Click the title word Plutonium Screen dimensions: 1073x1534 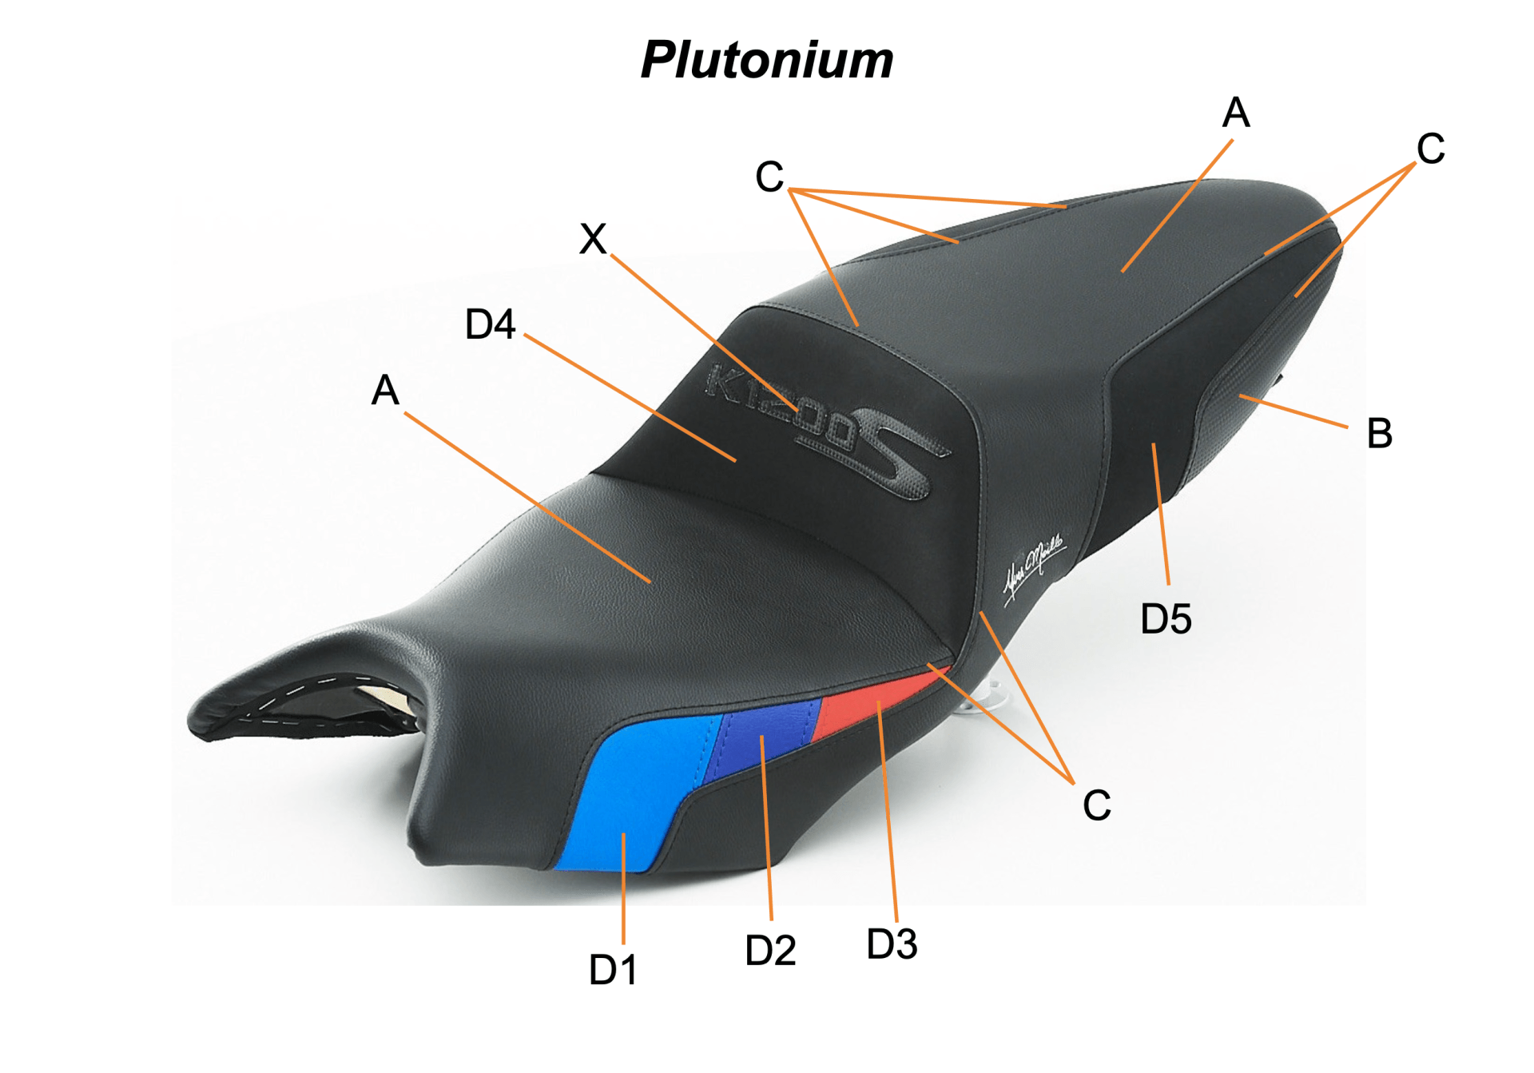click(767, 60)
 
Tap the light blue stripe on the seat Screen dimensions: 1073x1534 click(631, 791)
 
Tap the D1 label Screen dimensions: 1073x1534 click(613, 970)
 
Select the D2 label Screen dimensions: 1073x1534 click(770, 951)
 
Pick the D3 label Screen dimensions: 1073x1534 click(892, 944)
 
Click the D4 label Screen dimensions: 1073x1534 click(490, 324)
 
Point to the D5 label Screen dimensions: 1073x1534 click(1166, 619)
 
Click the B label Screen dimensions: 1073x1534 click(1380, 433)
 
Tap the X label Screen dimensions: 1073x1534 click(593, 238)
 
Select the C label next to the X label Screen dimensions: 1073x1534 click(769, 177)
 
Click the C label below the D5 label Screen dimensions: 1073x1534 click(1097, 805)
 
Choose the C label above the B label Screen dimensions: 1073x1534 click(1430, 149)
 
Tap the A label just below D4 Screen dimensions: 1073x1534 click(385, 390)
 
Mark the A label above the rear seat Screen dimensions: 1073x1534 click(1235, 113)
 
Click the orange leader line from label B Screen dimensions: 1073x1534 click(1294, 411)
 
